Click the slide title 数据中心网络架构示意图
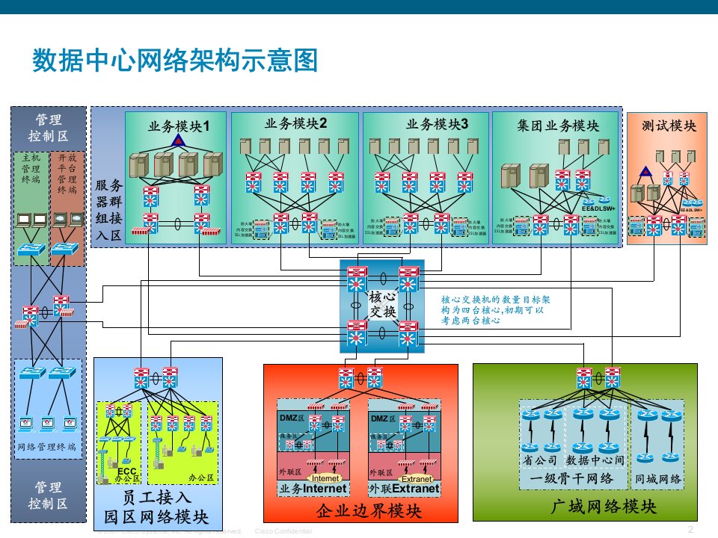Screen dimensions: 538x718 point(176,61)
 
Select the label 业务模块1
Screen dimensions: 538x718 point(178,126)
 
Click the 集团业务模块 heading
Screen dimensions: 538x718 point(558,125)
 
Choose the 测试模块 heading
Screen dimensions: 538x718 point(669,126)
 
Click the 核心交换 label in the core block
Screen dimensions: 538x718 point(382,305)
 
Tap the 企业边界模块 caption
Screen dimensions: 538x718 point(358,511)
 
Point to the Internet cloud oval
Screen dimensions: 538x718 point(325,478)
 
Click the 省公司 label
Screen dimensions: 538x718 point(541,459)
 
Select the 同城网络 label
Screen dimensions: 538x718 point(658,478)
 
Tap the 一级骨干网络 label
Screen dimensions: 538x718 point(572,478)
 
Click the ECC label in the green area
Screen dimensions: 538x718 point(126,472)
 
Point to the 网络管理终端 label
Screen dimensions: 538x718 point(46,446)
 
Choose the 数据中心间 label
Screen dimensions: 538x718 point(595,459)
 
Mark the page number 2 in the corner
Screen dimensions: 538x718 point(690,528)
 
